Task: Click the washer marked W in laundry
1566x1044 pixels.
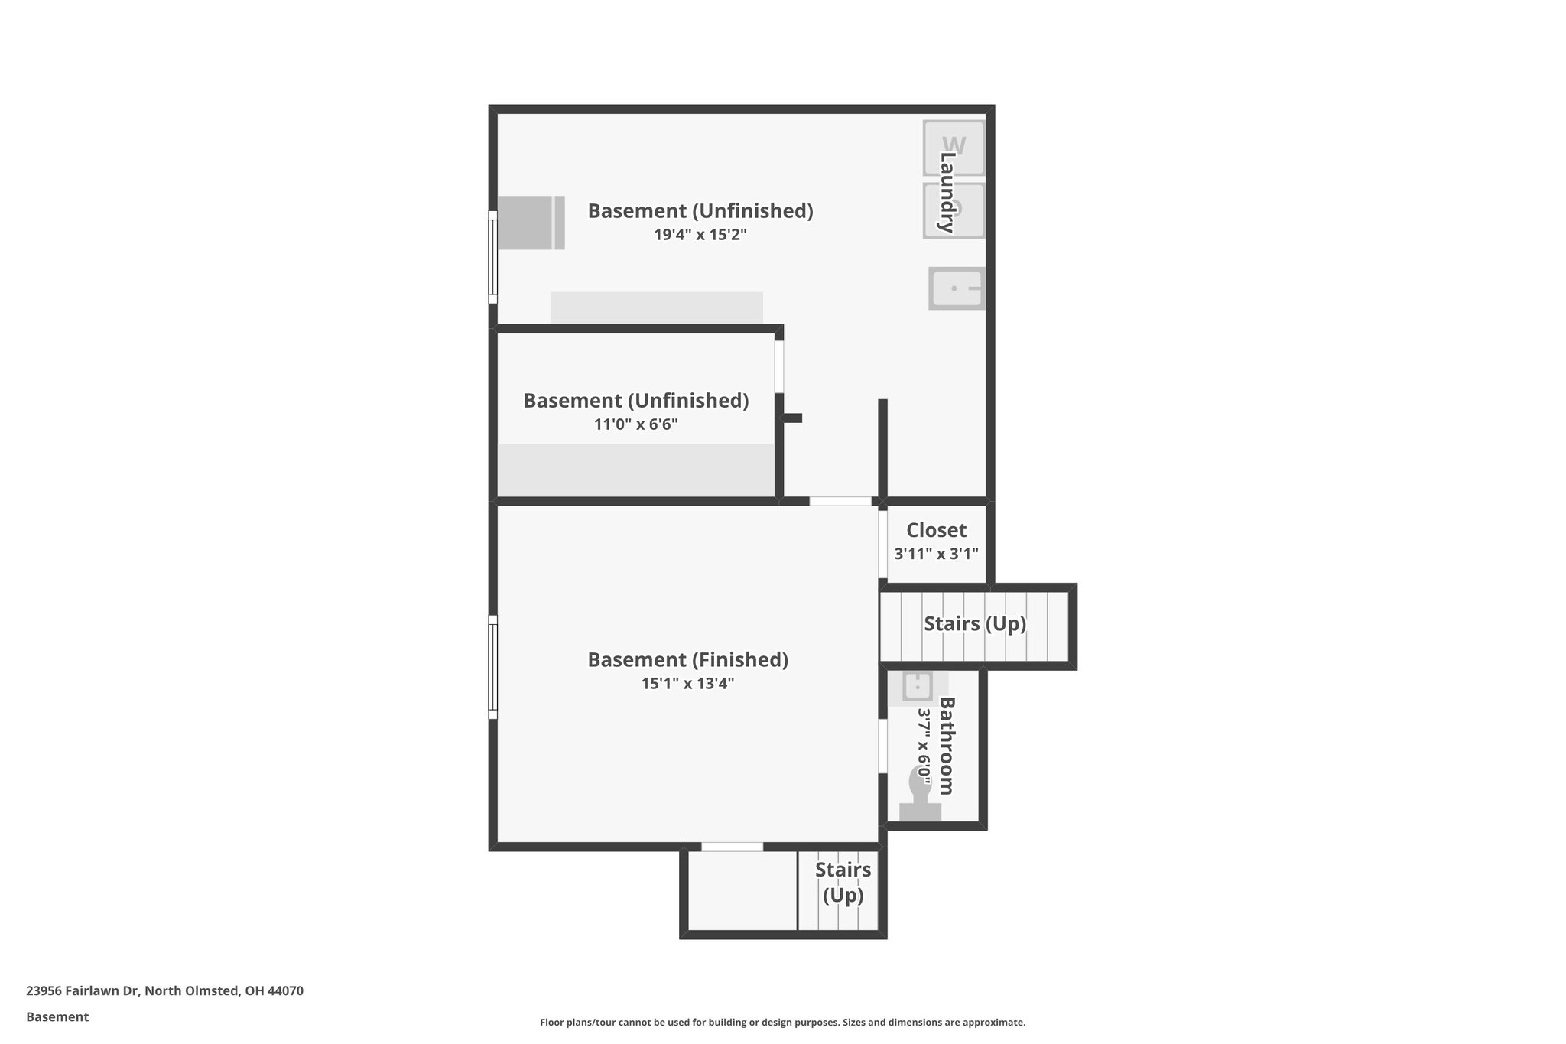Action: pos(953,147)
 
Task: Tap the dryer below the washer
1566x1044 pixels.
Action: pos(953,210)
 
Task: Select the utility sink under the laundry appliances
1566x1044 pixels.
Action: pos(956,288)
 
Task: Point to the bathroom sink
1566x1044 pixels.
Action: pos(918,686)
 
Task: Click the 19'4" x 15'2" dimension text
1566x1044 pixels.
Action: pos(700,235)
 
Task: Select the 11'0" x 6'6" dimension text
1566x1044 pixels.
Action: pos(635,424)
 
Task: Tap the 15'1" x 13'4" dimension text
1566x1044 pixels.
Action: pos(687,684)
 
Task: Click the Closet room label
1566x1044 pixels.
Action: pos(936,530)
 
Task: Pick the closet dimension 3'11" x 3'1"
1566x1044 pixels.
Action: pos(936,554)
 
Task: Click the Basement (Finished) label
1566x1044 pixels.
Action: pos(687,659)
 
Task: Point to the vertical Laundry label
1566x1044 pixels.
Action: pos(947,192)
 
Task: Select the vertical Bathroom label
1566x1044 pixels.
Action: pos(947,746)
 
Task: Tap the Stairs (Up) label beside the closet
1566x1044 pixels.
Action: pos(974,623)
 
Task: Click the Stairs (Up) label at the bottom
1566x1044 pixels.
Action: pos(843,882)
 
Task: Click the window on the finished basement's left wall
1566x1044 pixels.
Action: pos(493,667)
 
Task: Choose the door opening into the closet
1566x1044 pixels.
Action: pos(882,545)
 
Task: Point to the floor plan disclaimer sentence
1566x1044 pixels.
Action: pos(782,1022)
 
